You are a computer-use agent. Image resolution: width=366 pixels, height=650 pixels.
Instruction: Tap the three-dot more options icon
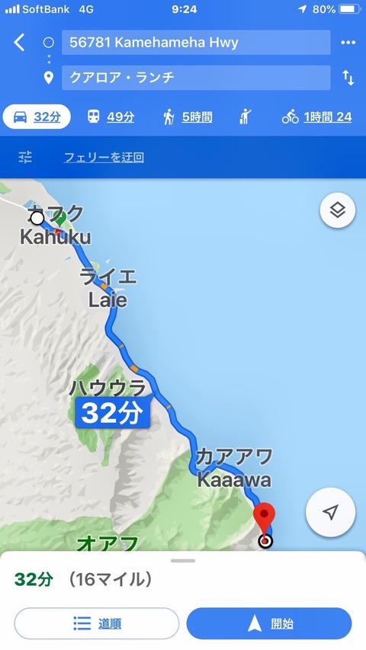(348, 43)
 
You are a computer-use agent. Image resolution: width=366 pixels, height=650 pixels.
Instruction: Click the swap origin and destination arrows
(348, 78)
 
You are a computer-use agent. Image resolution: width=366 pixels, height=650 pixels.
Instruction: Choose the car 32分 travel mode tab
(37, 117)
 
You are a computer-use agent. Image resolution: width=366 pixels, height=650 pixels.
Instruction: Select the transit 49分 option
(110, 117)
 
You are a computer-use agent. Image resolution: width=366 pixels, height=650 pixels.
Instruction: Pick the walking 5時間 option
(187, 117)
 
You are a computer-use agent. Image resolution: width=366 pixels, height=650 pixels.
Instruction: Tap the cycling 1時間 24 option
(316, 117)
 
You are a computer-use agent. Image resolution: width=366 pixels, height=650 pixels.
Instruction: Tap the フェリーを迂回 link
(104, 158)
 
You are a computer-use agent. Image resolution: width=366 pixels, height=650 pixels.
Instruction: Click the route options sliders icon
(26, 158)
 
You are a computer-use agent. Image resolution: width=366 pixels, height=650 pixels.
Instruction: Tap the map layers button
(338, 210)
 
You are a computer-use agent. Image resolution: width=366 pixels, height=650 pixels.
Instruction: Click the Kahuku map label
(55, 236)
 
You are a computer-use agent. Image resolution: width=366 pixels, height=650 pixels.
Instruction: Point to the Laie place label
(107, 299)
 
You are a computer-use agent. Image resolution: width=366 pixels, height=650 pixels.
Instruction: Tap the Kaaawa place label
(233, 480)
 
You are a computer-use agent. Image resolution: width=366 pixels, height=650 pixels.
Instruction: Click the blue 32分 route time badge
(111, 414)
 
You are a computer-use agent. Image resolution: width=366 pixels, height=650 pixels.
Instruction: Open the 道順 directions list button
(97, 623)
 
